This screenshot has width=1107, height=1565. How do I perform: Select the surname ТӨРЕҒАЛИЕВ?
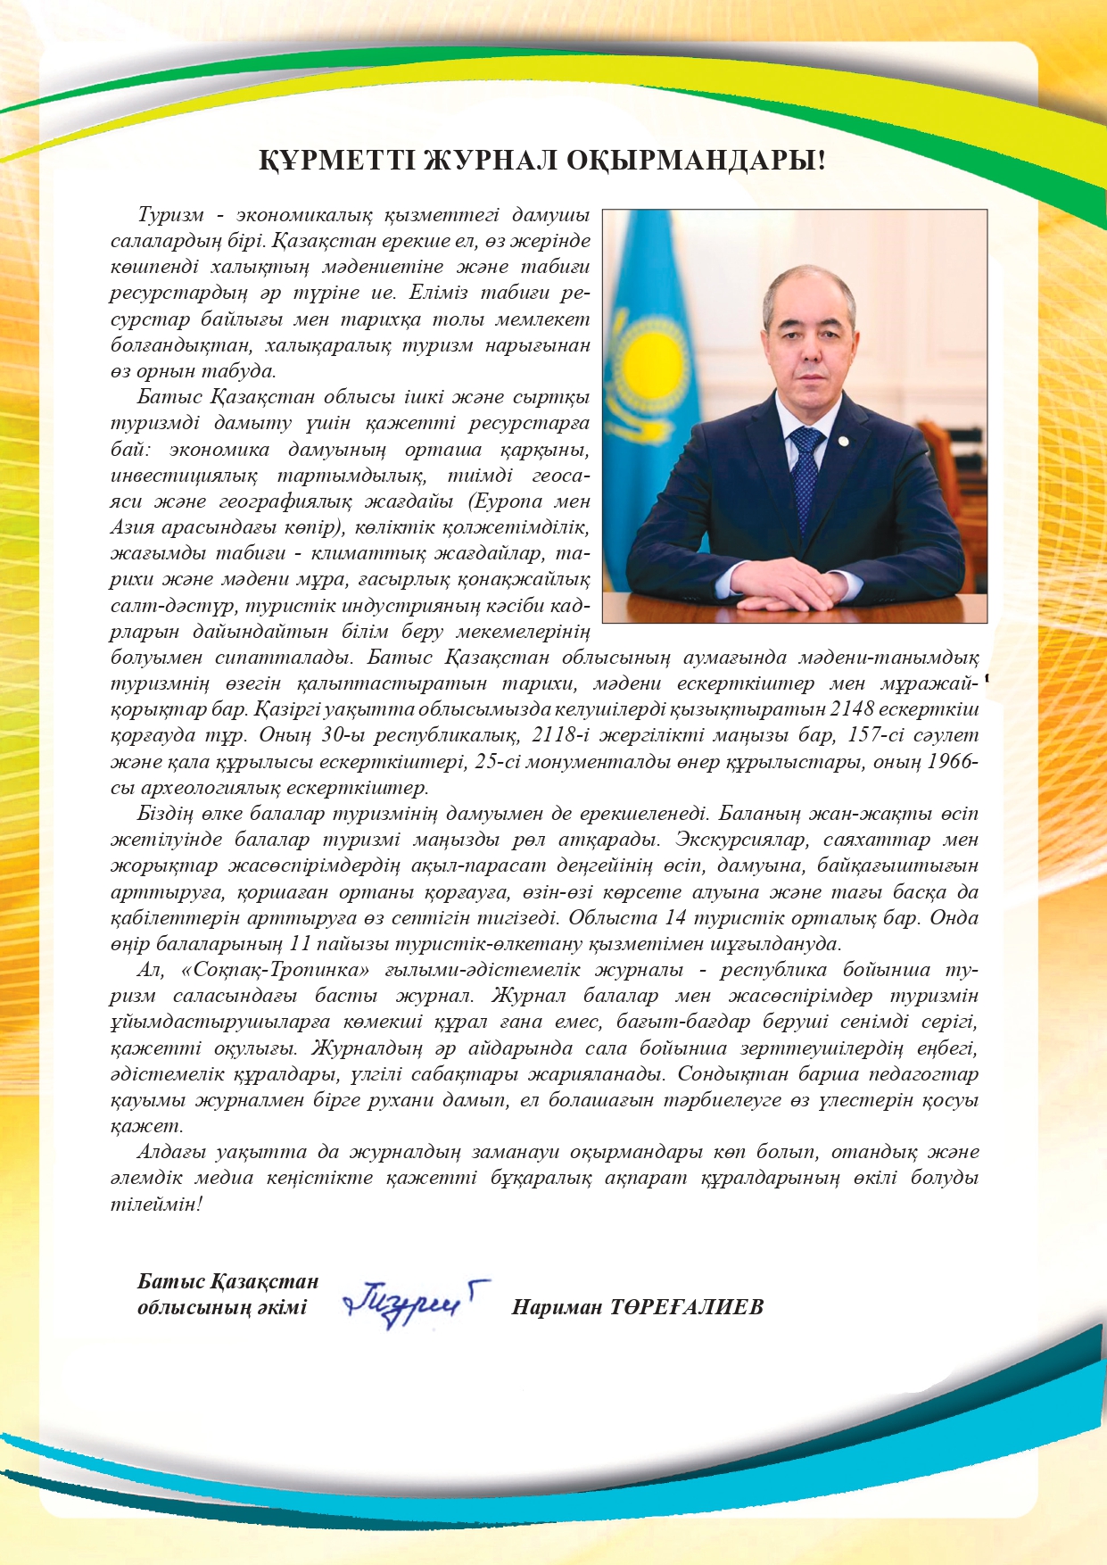[687, 1308]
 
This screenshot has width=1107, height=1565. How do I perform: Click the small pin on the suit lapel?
[841, 441]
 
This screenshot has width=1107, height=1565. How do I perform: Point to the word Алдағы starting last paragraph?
[171, 1152]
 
